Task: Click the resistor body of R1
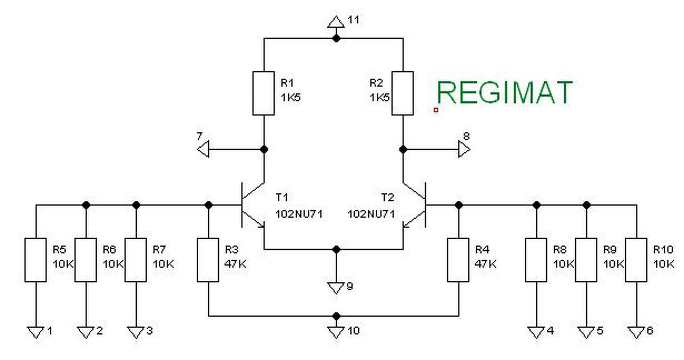(263, 93)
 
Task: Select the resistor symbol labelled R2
(402, 93)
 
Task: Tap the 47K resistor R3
(208, 260)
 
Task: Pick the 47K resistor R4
(458, 260)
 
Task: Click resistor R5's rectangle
(35, 260)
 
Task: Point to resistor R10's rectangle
(636, 260)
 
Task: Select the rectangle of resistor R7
(135, 260)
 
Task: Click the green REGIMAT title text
(504, 92)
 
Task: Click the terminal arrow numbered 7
(203, 150)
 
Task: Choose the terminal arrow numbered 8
(464, 150)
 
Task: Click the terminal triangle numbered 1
(35, 332)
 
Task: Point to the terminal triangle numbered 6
(636, 332)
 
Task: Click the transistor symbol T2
(415, 205)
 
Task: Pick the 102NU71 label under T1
(299, 214)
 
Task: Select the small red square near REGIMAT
(436, 109)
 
